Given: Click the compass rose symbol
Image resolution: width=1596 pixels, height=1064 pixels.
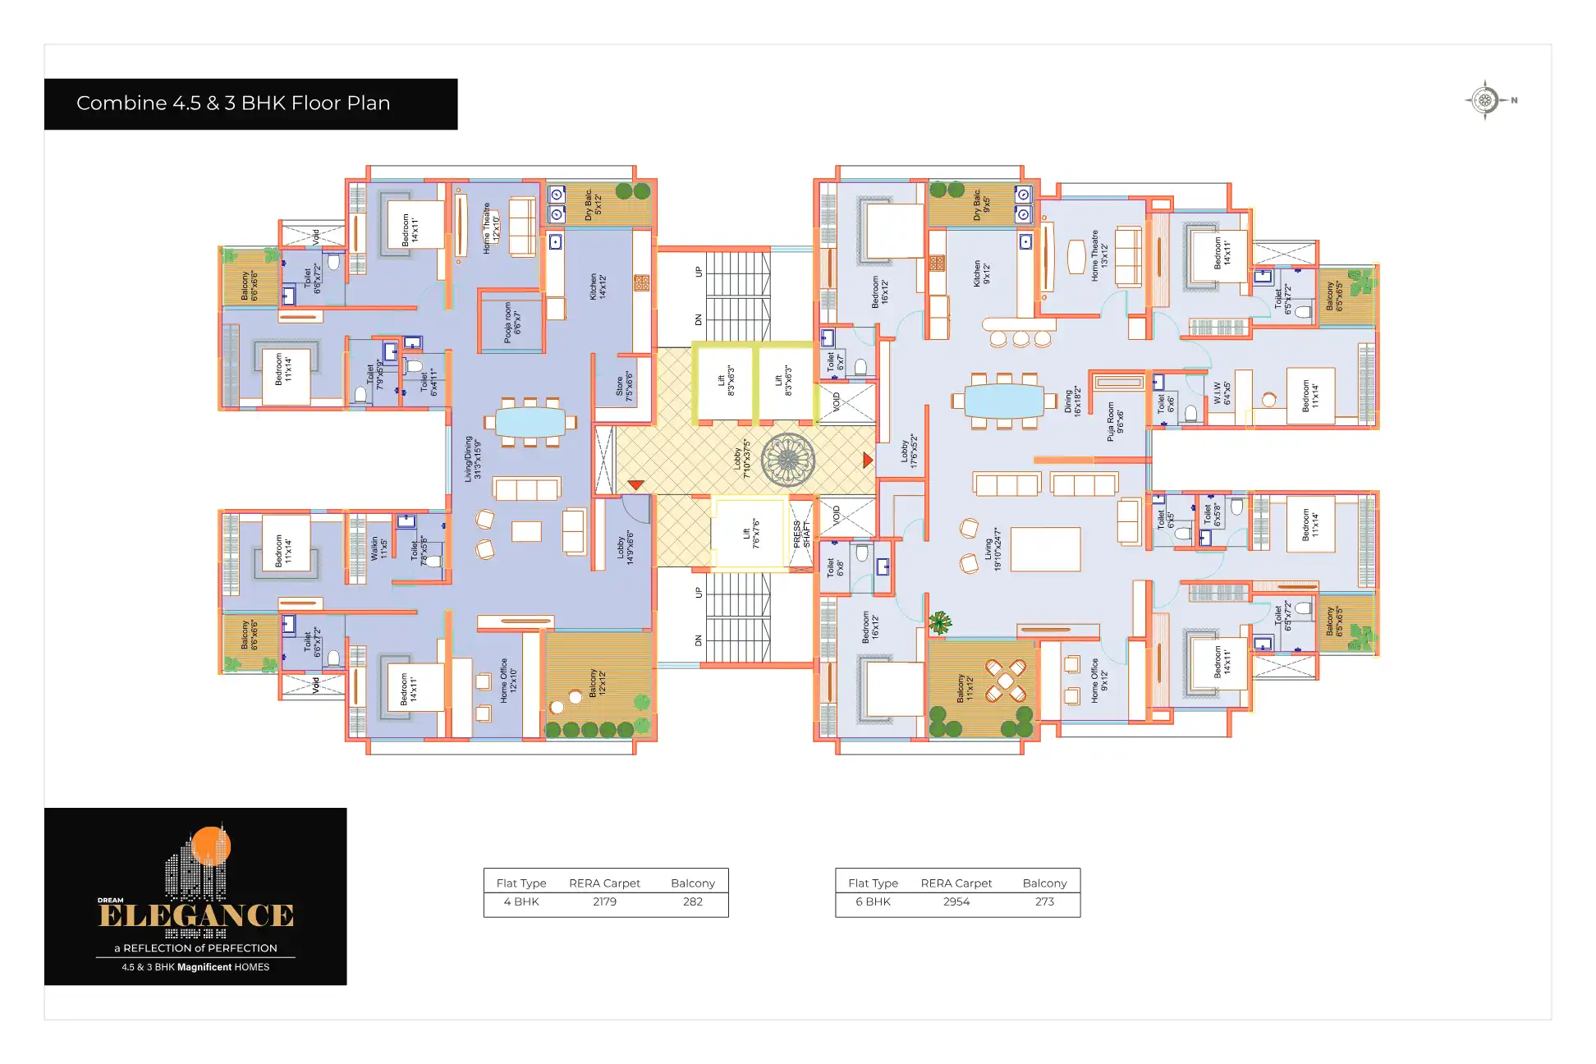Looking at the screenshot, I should click(1484, 100).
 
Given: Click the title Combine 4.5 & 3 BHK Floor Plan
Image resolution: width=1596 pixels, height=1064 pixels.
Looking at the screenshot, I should click(233, 103).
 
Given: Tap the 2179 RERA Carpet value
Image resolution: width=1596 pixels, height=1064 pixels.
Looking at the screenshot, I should click(604, 901).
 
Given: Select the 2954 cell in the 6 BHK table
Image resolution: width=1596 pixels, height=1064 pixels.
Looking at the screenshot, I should click(956, 901).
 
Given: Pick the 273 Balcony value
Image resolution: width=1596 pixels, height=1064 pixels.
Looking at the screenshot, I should click(1044, 901).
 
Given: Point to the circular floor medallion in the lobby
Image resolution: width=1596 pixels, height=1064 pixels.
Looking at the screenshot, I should click(787, 460).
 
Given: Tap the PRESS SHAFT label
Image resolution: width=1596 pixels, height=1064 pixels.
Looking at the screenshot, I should click(801, 534).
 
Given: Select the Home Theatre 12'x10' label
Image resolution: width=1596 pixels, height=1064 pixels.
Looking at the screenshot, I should click(491, 227).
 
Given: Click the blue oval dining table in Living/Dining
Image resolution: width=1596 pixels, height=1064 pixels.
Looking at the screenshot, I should click(530, 422).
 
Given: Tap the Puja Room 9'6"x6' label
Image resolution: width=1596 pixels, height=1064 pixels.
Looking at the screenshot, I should click(1115, 421).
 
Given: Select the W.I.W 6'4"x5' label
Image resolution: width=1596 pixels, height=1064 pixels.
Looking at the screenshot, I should click(1222, 392).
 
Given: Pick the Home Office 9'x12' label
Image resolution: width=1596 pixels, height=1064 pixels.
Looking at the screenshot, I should click(1098, 681).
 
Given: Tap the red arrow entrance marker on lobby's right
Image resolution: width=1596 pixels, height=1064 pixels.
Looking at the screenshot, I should click(867, 461).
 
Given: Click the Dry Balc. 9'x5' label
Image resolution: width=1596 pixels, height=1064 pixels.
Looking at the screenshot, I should click(981, 204).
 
